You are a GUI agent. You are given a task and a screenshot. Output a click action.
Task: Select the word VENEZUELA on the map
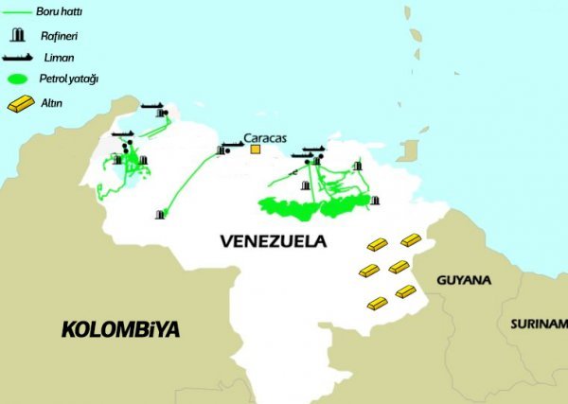click(273, 241)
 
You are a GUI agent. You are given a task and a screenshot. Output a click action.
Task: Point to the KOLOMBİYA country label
click(120, 330)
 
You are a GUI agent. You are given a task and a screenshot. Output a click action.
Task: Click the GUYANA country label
click(464, 281)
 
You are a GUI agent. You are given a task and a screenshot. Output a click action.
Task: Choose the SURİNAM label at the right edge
click(539, 324)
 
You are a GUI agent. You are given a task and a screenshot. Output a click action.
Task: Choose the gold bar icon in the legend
click(20, 103)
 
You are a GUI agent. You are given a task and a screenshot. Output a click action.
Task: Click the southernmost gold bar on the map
click(377, 305)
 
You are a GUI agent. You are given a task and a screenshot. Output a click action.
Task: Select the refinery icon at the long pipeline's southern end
click(160, 215)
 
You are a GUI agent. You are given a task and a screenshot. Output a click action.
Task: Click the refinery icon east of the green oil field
click(375, 201)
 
